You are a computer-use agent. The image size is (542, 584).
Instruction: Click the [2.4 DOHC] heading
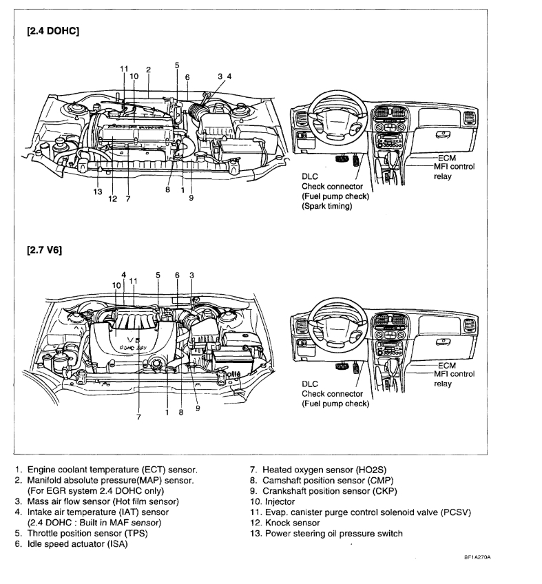(53, 31)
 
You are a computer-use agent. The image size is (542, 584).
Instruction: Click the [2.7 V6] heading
(43, 251)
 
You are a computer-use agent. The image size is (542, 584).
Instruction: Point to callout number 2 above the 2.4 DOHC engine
(148, 70)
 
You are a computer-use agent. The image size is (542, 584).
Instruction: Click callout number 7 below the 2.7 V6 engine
(138, 417)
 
